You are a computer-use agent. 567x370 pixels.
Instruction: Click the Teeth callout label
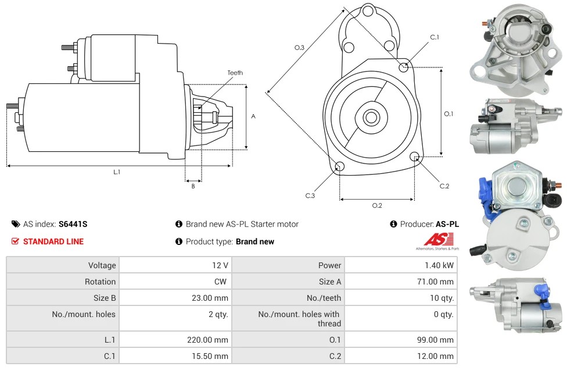tap(235, 73)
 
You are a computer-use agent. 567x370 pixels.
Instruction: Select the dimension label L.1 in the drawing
tap(117, 172)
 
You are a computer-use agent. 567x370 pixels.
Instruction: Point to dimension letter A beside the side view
tap(253, 116)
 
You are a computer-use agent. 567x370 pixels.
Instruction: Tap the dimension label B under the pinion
tap(193, 186)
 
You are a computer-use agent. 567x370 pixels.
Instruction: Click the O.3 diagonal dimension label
tap(300, 48)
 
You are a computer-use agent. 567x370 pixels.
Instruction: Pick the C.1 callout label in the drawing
tap(435, 37)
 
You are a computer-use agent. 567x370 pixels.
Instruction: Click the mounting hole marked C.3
tap(340, 168)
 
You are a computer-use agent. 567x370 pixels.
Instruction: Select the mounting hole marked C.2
tap(415, 156)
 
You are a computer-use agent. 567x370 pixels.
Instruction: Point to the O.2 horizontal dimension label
tap(376, 205)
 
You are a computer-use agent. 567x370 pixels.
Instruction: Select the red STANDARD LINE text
tap(53, 241)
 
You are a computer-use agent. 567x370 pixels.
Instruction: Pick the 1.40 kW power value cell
tap(440, 265)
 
